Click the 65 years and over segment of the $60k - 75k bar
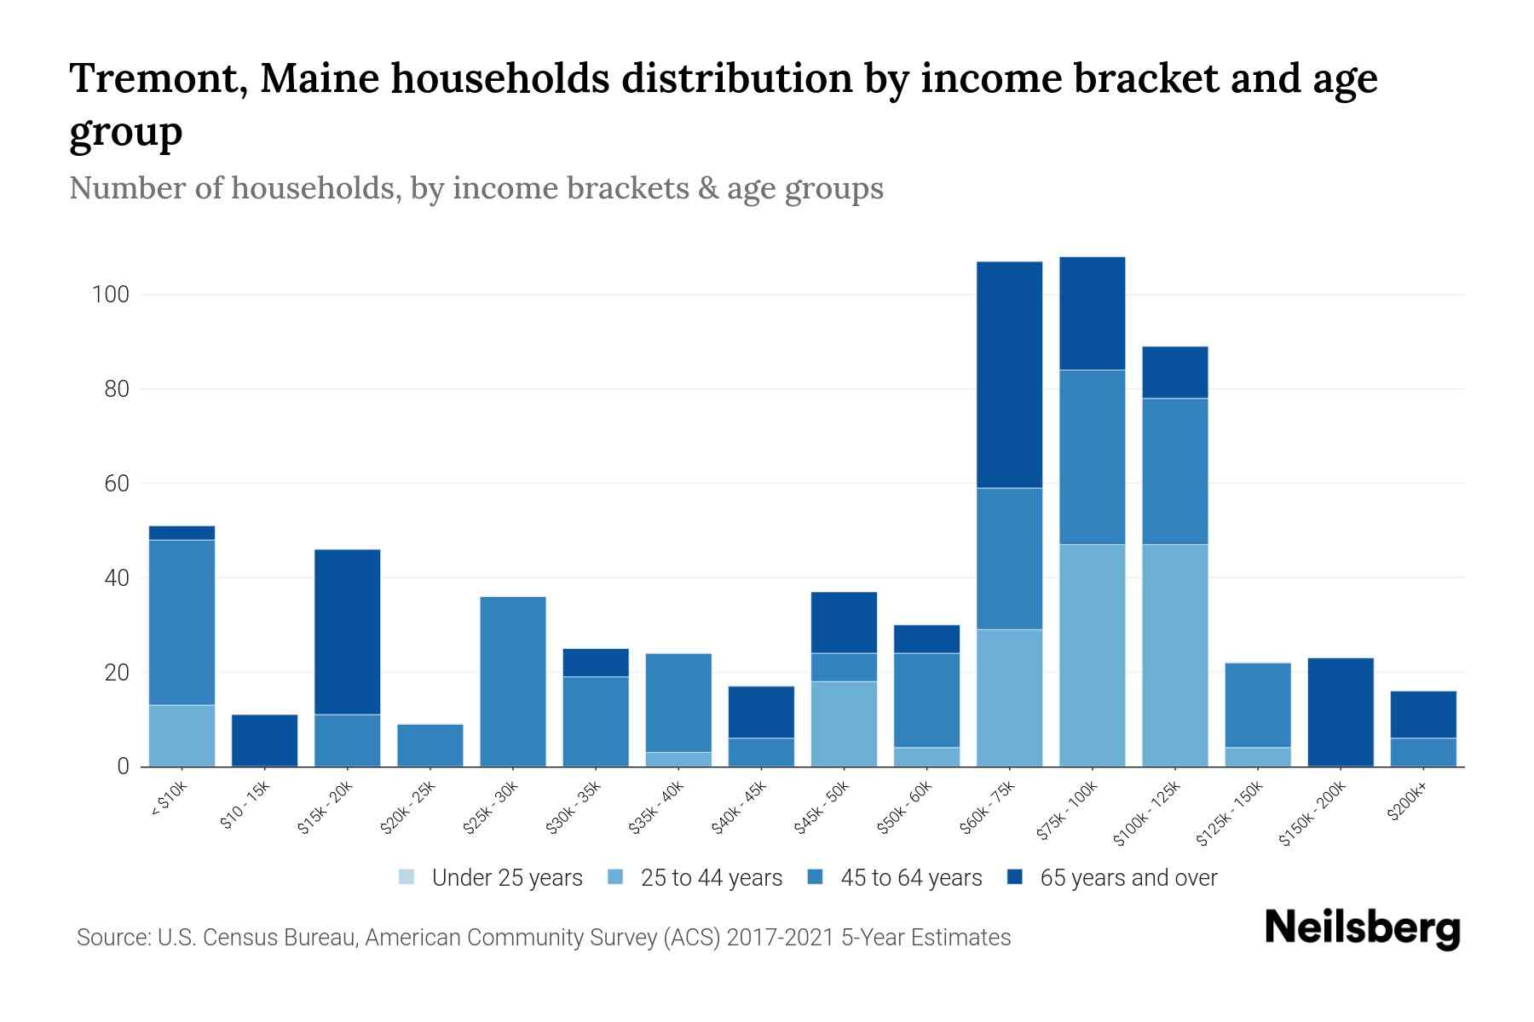point(1009,375)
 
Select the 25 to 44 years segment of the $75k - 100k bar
point(1092,655)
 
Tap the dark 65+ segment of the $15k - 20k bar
point(347,632)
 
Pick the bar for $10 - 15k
point(264,740)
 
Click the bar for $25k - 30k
point(513,681)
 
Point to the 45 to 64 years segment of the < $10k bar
point(182,623)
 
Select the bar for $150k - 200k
point(1340,712)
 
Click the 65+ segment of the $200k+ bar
point(1422,715)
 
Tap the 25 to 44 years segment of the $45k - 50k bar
point(844,723)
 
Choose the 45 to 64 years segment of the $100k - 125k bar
point(1174,471)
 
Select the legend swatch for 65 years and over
point(1015,877)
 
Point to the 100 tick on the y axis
point(111,296)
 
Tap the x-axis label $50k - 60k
point(905,808)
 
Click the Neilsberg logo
point(1362,928)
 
